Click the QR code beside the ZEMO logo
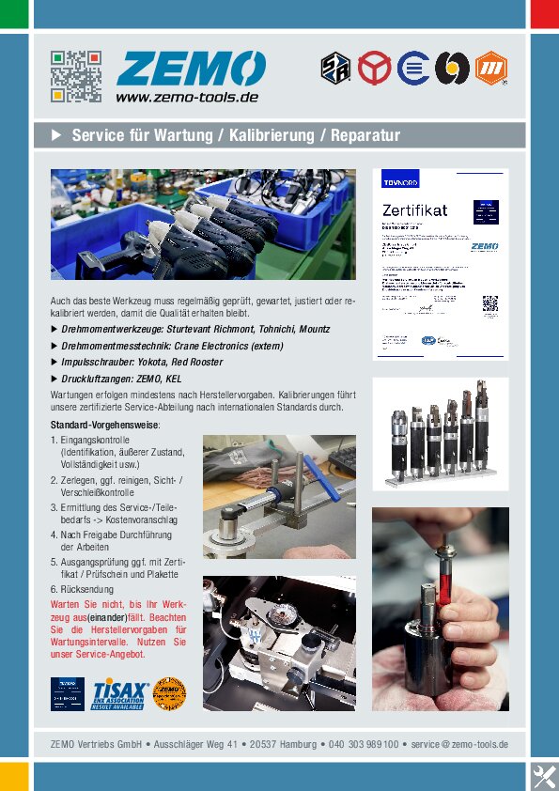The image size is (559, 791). pyautogui.click(x=76, y=76)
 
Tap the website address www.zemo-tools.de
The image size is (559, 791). pyautogui.click(x=187, y=97)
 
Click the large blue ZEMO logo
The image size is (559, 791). pyautogui.click(x=191, y=69)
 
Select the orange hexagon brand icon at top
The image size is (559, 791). pyautogui.click(x=491, y=68)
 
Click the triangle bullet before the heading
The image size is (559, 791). pyautogui.click(x=55, y=135)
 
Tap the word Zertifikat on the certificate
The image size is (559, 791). pyautogui.click(x=414, y=209)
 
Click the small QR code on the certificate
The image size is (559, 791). pyautogui.click(x=489, y=303)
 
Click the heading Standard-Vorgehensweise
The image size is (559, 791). pyautogui.click(x=105, y=425)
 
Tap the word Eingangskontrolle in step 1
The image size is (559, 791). pyautogui.click(x=96, y=440)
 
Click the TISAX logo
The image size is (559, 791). pyautogui.click(x=119, y=692)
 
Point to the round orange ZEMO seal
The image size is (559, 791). pyautogui.click(x=169, y=693)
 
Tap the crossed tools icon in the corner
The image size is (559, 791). pyautogui.click(x=544, y=776)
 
